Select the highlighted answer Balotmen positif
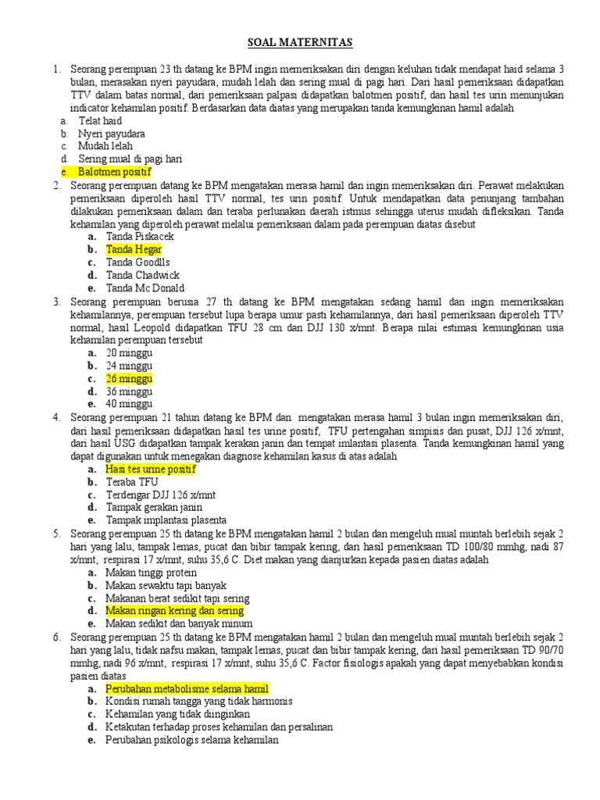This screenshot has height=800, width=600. pos(114,171)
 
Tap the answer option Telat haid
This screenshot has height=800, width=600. pos(100,121)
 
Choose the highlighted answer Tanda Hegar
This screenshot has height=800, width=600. pos(134,249)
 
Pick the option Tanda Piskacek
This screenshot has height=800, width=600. pos(140,236)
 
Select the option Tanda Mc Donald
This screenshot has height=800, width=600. pos(145,287)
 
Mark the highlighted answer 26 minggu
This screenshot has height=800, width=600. pos(129,378)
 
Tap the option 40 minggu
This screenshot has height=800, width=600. pos(129,404)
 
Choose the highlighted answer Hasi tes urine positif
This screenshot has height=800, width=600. pos(150,469)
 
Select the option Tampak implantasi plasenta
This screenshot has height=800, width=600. pos(166,520)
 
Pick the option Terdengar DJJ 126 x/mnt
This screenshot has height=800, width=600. pos(162,495)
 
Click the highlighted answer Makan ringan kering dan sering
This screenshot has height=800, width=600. pos(174,610)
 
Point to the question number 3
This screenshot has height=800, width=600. pos(57,301)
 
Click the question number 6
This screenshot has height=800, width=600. pos(57,637)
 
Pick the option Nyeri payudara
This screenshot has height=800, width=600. pos(111,134)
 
